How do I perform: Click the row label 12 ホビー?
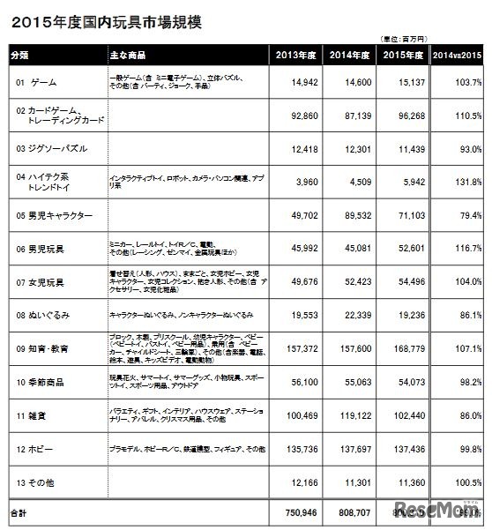click(34, 449)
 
